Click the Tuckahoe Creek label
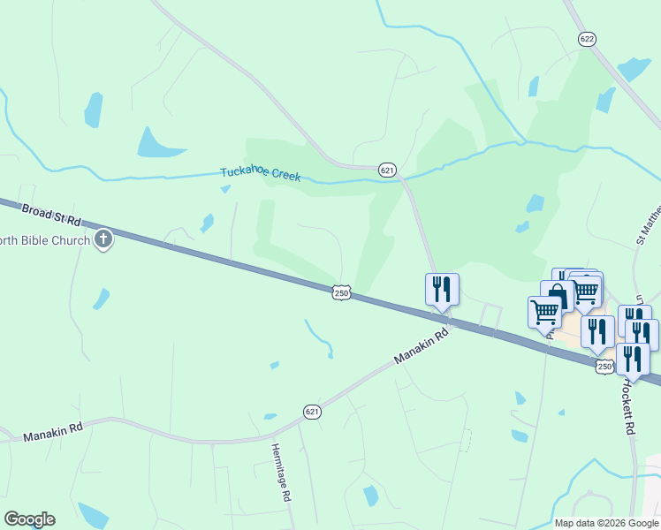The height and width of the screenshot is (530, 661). pos(261,175)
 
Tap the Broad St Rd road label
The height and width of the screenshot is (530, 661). pos(51,214)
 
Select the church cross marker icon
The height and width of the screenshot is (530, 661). pos(104,238)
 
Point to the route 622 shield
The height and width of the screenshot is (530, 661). pos(587,39)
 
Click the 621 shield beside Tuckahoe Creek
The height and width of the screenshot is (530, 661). pos(387,170)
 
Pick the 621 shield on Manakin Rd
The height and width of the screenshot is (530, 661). pos(312,412)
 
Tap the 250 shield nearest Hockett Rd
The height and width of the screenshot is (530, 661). pos(604,366)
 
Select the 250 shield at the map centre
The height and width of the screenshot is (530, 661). pos(343,292)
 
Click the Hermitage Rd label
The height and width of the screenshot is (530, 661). pos(280,473)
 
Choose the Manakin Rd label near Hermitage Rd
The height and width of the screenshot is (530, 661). pos(53,434)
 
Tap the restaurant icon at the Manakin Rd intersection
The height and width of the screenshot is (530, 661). pos(441,289)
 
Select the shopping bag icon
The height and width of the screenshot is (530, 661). pos(557,295)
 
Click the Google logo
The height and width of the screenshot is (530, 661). pos(29,519)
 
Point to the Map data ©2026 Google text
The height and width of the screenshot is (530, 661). pos(605,523)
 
